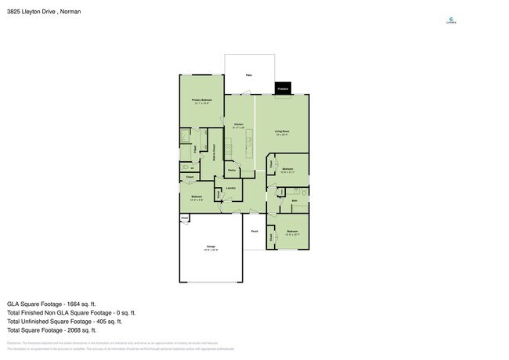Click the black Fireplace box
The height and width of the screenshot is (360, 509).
283,89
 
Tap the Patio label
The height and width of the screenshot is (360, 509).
248,75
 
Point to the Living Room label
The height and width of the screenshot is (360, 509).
282,132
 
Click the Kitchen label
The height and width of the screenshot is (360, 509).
239,125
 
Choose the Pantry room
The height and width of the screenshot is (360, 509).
232,171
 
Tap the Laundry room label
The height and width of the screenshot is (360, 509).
230,189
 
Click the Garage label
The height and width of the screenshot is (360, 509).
211,248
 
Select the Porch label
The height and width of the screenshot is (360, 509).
254,232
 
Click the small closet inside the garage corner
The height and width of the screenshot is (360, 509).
185,219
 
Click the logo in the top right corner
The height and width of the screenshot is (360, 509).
451,20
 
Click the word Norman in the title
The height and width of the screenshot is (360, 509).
69,12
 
